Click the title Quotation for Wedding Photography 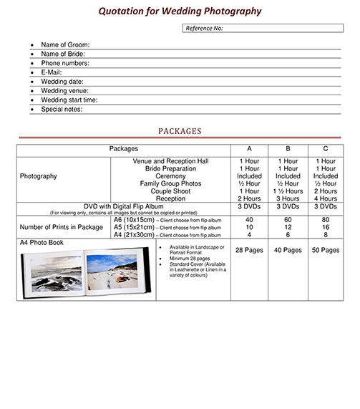pyautogui.click(x=179, y=11)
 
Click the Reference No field pyautogui.click(x=263, y=28)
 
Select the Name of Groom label pyautogui.click(x=65, y=44)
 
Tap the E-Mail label pyautogui.click(x=52, y=72)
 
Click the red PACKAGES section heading pyautogui.click(x=180, y=131)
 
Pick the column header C pyautogui.click(x=325, y=149)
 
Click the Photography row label pyautogui.click(x=39, y=176)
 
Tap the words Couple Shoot pyautogui.click(x=170, y=191)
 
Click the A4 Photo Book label pyautogui.click(x=42, y=243)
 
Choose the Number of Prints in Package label pyautogui.click(x=62, y=227)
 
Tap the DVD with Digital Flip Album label pyautogui.click(x=129, y=206)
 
